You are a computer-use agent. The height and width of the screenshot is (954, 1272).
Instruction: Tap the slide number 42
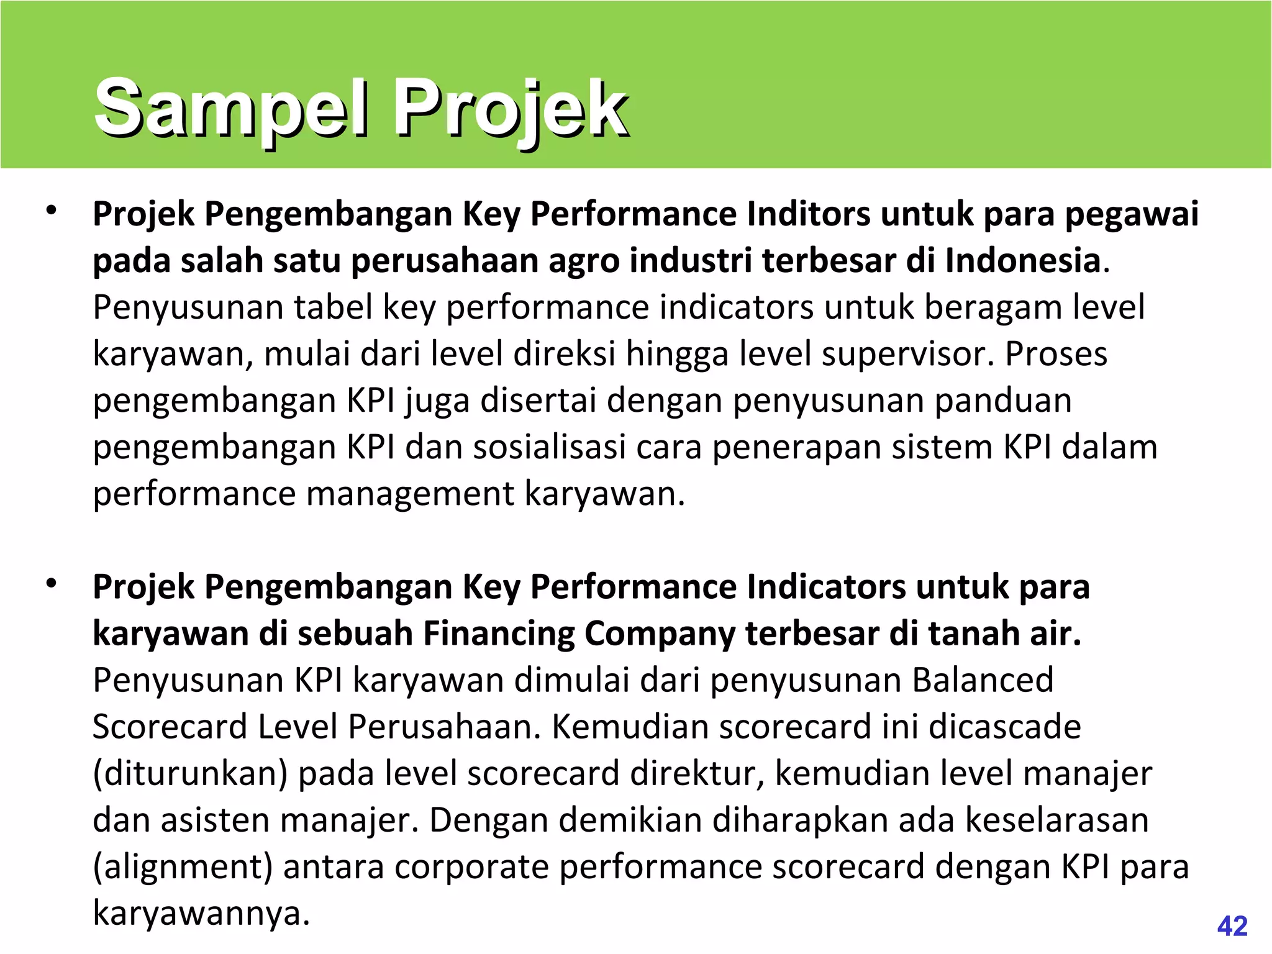click(x=1232, y=926)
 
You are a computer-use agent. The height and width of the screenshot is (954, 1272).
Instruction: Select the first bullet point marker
click(x=51, y=211)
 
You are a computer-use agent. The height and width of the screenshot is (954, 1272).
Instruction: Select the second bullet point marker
click(x=51, y=583)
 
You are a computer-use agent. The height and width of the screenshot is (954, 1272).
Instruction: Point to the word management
click(x=410, y=494)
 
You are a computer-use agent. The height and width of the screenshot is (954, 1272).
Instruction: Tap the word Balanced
click(x=983, y=680)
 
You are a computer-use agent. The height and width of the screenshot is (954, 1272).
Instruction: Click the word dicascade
click(x=1004, y=727)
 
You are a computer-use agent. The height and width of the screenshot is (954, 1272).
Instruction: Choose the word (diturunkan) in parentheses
click(x=190, y=774)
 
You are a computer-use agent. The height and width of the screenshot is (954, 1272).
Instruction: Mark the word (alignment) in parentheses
click(x=183, y=867)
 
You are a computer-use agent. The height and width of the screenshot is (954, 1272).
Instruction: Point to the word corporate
click(x=472, y=867)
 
